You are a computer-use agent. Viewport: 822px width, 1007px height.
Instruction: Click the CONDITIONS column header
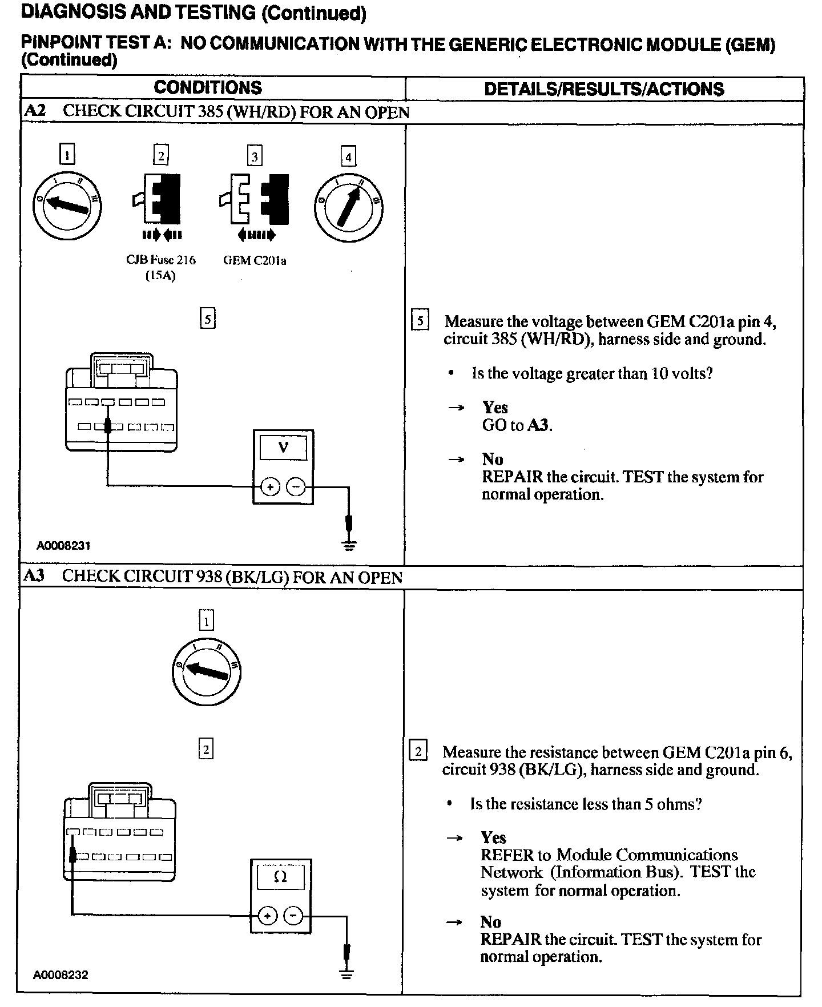tap(208, 87)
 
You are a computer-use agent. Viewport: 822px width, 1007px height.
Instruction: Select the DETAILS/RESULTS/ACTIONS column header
tap(604, 89)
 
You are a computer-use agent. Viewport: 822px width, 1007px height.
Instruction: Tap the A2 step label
tap(35, 111)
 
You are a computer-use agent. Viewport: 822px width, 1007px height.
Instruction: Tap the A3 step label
tap(34, 575)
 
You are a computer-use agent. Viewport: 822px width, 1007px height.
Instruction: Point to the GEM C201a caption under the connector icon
tap(255, 260)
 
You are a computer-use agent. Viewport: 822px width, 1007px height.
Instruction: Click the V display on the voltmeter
tap(283, 448)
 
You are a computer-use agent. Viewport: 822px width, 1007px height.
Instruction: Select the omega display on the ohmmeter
tap(280, 877)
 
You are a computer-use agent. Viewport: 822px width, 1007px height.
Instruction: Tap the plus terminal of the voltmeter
tap(269, 487)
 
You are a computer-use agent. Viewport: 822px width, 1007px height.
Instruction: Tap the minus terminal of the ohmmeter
tap(293, 916)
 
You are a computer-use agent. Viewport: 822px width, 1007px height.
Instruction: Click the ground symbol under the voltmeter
tap(349, 544)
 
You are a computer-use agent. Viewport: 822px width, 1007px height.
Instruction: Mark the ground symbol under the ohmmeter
tap(346, 973)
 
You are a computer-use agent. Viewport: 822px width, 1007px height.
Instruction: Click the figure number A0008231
tap(63, 545)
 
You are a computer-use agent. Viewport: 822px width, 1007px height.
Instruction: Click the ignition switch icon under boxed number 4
tap(348, 207)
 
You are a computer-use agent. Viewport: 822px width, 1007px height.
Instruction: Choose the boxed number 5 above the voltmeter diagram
tap(208, 319)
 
